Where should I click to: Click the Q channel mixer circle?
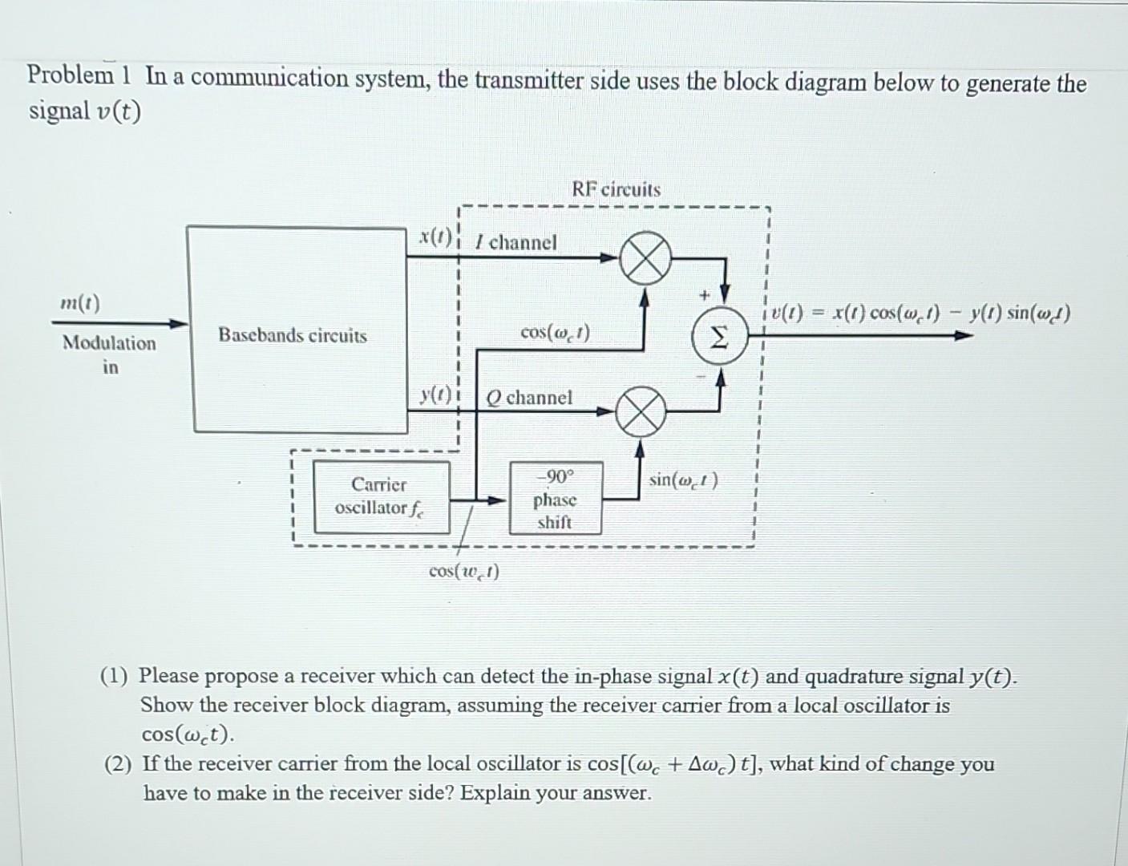pyautogui.click(x=640, y=411)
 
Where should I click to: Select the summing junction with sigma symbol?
pyautogui.click(x=721, y=339)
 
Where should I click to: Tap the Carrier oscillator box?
pyautogui.click(x=381, y=497)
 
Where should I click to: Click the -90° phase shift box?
pyautogui.click(x=555, y=499)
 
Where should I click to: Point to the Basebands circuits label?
pyautogui.click(x=293, y=335)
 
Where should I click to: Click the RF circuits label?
pyautogui.click(x=616, y=190)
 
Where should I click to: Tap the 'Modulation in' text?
pyautogui.click(x=110, y=354)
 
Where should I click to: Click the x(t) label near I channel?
pyautogui.click(x=435, y=238)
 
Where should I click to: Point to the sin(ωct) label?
pyautogui.click(x=683, y=480)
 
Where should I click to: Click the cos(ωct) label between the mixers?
pyautogui.click(x=555, y=331)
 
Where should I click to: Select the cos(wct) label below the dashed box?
pyautogui.click(x=463, y=571)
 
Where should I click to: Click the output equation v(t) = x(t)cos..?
pyautogui.click(x=918, y=314)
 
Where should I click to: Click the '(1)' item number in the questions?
pyautogui.click(x=115, y=676)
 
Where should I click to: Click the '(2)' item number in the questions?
pyautogui.click(x=117, y=763)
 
